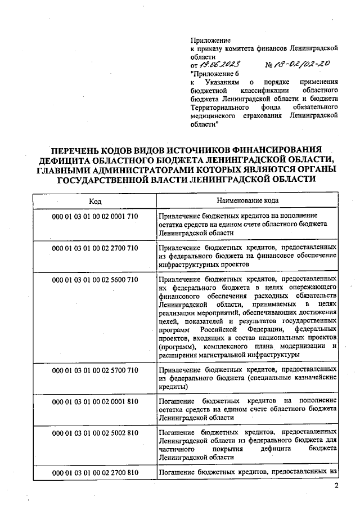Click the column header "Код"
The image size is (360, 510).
point(94,200)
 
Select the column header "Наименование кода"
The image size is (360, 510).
point(247,200)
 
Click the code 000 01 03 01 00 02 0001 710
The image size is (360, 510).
point(94,216)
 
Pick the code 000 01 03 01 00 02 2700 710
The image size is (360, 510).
point(94,248)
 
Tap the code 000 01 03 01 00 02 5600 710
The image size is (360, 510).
point(94,279)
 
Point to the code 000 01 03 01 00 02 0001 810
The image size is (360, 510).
point(94,402)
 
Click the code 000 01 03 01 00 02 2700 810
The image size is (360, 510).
point(94,472)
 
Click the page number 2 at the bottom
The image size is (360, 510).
point(336,486)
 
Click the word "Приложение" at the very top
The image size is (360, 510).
point(211,41)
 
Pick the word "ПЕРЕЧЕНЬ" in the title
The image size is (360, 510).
point(79,150)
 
